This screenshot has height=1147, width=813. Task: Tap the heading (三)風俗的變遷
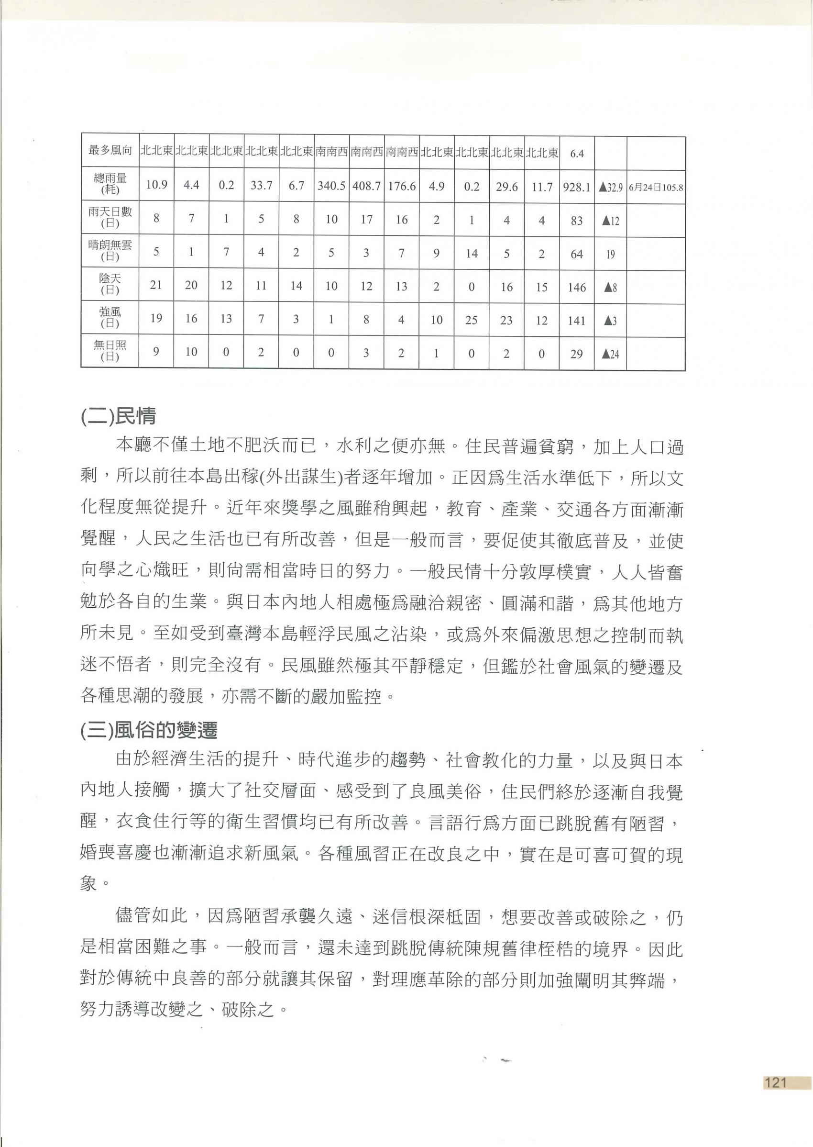tap(149, 731)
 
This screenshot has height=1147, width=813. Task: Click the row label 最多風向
tap(110, 150)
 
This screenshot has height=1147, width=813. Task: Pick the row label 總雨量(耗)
tap(110, 184)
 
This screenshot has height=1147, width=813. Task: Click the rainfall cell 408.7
tap(366, 186)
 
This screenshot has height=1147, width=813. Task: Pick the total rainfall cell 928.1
tap(577, 186)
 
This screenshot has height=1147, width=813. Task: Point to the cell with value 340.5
tap(331, 186)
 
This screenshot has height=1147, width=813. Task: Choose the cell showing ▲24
tap(610, 354)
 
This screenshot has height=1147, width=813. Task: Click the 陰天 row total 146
tap(577, 287)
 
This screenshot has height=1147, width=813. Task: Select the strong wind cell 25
tap(471, 320)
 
